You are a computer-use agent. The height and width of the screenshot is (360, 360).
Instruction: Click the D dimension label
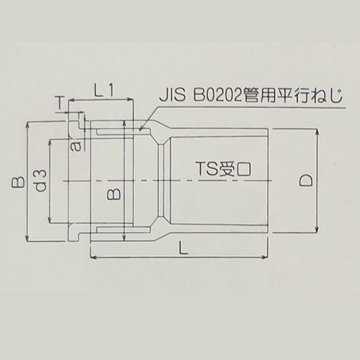(305, 181)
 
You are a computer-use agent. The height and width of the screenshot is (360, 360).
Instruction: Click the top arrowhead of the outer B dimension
(27, 125)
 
